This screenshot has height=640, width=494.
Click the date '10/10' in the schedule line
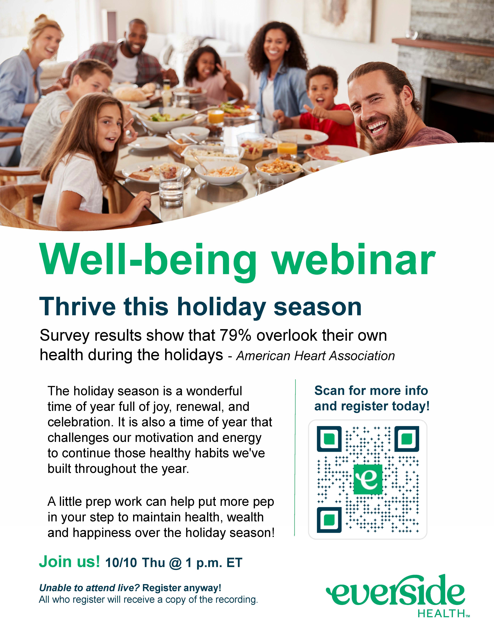coord(121,563)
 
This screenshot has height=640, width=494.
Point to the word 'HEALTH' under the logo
coord(441,613)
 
